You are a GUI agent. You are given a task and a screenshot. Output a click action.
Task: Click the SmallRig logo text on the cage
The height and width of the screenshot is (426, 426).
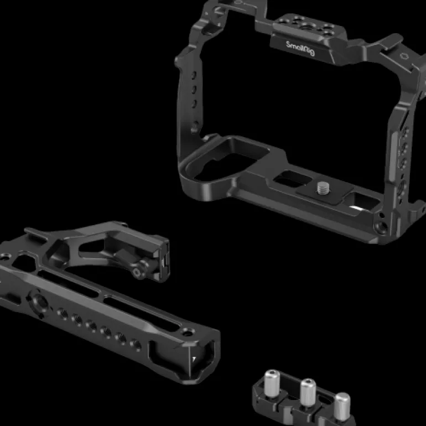[300, 48]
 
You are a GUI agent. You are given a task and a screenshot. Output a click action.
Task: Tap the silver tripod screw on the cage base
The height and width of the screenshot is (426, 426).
[323, 188]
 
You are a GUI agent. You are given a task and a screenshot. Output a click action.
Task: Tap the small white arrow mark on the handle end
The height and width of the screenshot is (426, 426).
[194, 359]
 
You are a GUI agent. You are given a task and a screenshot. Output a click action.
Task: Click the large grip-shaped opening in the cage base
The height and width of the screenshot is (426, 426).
[226, 160]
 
